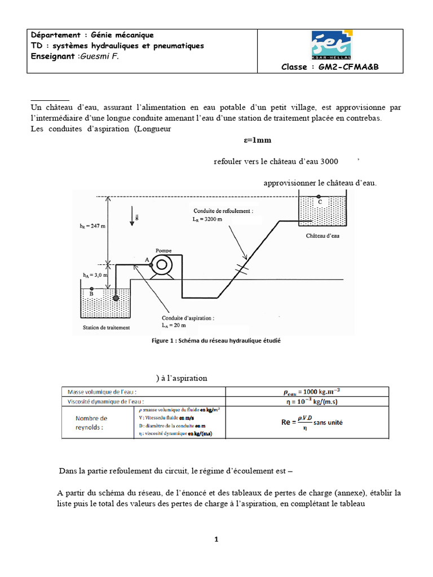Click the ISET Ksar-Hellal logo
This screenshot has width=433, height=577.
click(330, 45)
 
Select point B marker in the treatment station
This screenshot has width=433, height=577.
click(91, 288)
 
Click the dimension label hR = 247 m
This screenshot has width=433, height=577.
click(93, 226)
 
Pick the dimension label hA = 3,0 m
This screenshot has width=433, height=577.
click(92, 276)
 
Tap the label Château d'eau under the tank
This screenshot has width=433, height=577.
click(323, 236)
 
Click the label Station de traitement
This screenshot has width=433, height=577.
click(106, 327)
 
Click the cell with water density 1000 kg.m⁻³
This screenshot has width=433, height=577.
click(307, 392)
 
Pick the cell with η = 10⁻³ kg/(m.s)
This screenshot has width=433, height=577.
click(307, 402)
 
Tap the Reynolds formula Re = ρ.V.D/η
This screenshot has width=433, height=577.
click(307, 421)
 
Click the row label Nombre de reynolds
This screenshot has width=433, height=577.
click(91, 422)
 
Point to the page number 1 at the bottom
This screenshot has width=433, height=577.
click(216, 539)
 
